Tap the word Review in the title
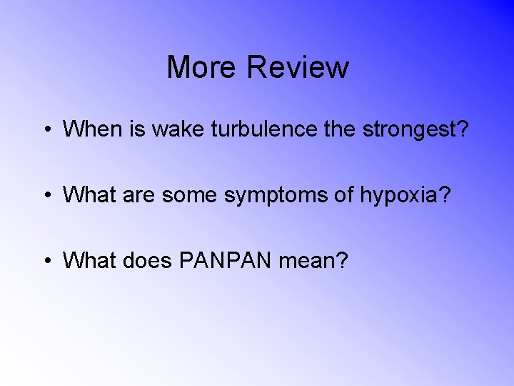(298, 68)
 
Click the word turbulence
(246, 129)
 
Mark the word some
(191, 195)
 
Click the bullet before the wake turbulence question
(46, 130)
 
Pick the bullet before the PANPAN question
(46, 262)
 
